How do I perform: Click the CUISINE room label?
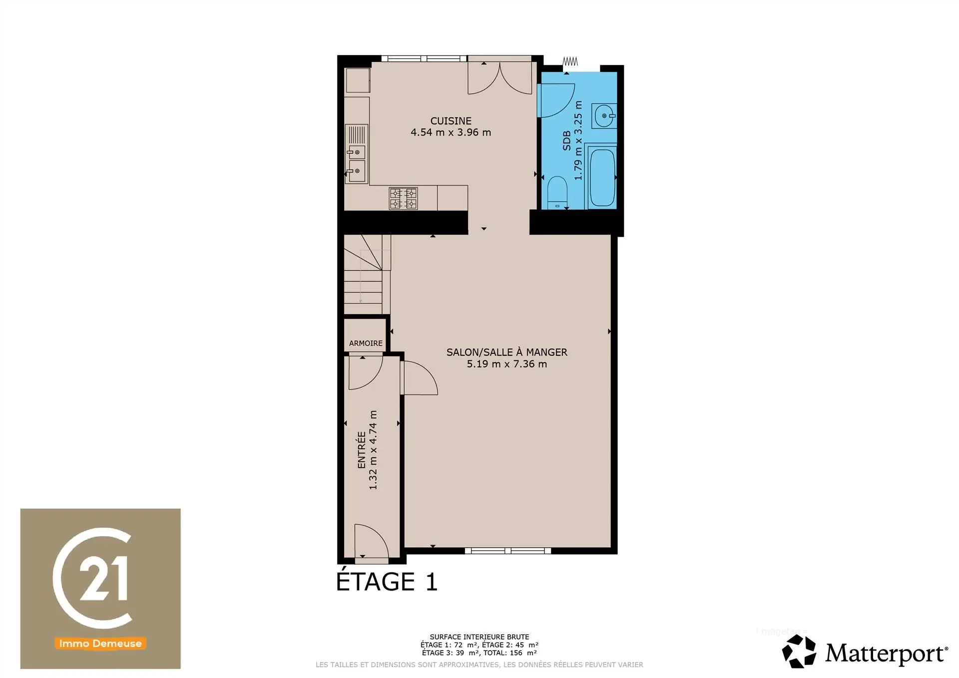[451, 121]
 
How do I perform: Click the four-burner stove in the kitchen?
[403, 198]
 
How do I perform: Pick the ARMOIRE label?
[366, 343]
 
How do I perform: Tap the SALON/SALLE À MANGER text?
[506, 352]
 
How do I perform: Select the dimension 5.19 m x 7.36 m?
[506, 364]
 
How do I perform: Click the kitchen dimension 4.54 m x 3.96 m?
[451, 132]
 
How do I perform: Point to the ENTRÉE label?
[361, 450]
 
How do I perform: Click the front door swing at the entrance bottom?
[371, 541]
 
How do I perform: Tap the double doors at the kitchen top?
[499, 77]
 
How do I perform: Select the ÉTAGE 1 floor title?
[387, 581]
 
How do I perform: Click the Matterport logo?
[865, 652]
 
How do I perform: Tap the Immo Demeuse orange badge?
[100, 644]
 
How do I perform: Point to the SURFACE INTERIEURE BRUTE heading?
[479, 637]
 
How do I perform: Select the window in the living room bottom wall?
[507, 551]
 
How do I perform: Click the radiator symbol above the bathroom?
[570, 61]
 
